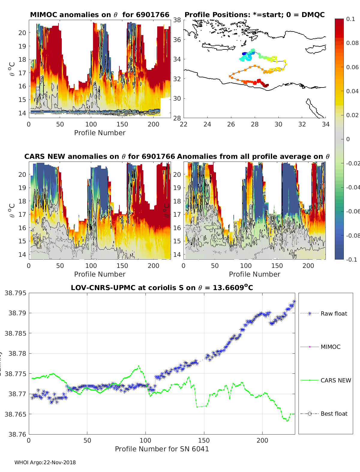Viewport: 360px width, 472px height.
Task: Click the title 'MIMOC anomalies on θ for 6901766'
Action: tap(100, 15)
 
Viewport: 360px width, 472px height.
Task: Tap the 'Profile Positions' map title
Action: tap(254, 15)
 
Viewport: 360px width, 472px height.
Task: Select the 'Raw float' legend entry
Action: tap(334, 313)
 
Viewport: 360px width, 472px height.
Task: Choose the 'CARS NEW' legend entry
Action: tap(335, 380)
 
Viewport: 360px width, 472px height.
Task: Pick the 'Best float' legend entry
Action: tap(334, 414)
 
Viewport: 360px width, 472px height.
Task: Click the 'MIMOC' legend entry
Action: tap(330, 347)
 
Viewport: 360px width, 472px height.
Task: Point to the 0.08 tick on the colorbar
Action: tap(352, 43)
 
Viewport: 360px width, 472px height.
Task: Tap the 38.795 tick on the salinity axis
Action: tap(15, 293)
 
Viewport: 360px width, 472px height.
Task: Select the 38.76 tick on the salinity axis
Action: tap(17, 434)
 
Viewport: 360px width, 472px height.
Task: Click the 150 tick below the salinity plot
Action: tap(204, 440)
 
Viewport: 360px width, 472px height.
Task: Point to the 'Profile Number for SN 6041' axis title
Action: tap(162, 449)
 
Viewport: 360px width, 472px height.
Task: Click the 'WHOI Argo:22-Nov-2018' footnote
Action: tap(45, 462)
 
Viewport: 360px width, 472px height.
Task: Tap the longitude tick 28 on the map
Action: tap(255, 124)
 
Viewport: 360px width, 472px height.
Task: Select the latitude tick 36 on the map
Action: tap(177, 40)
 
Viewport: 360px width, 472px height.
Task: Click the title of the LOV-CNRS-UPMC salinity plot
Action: tap(162, 288)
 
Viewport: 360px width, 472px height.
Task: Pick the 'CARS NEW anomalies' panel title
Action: tap(100, 156)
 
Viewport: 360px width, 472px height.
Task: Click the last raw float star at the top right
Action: tap(294, 301)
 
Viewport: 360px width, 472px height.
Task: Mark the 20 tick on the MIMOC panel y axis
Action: tap(22, 33)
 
